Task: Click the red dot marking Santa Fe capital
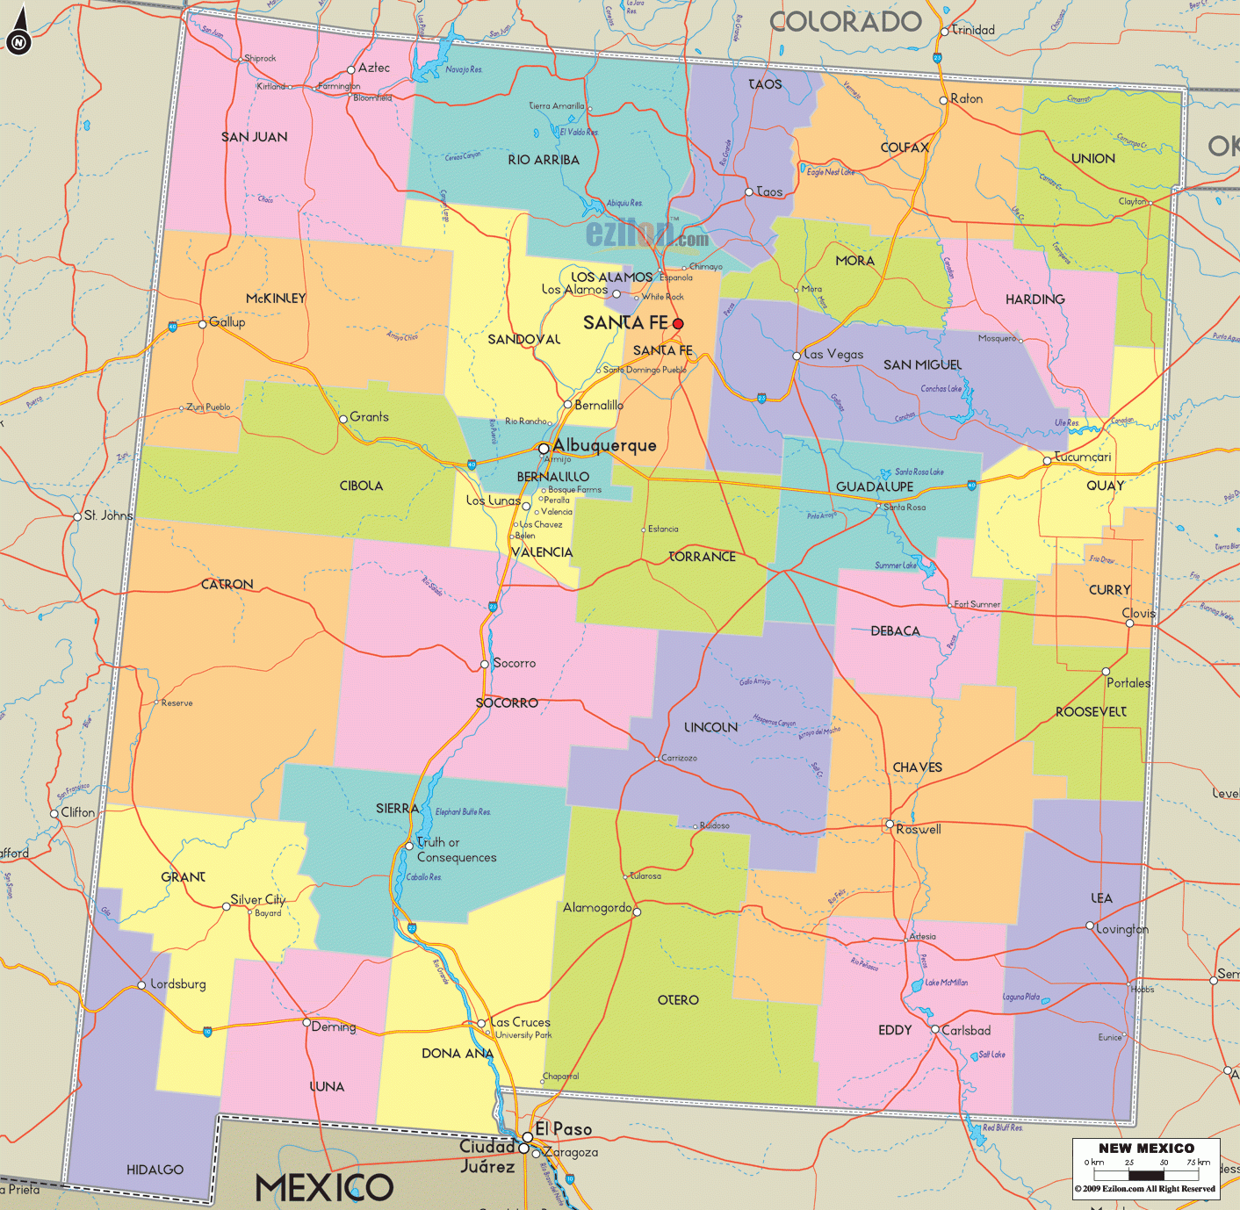[678, 324]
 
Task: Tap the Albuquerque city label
[604, 445]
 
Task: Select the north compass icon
[18, 41]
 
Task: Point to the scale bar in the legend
[1146, 1173]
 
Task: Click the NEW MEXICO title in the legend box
[1146, 1149]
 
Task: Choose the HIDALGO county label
[155, 1170]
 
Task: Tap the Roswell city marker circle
[890, 824]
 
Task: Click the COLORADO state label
[846, 22]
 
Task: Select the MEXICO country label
[324, 1188]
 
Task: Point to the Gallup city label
[227, 322]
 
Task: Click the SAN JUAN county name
[254, 137]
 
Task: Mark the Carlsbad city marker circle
[935, 1029]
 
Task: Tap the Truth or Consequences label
[456, 850]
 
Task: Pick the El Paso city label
[563, 1129]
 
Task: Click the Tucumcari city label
[1083, 457]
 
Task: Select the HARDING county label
[1035, 299]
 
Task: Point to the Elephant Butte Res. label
[463, 811]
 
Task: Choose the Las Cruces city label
[520, 1022]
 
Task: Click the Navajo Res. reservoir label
[464, 69]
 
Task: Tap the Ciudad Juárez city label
[487, 1156]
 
